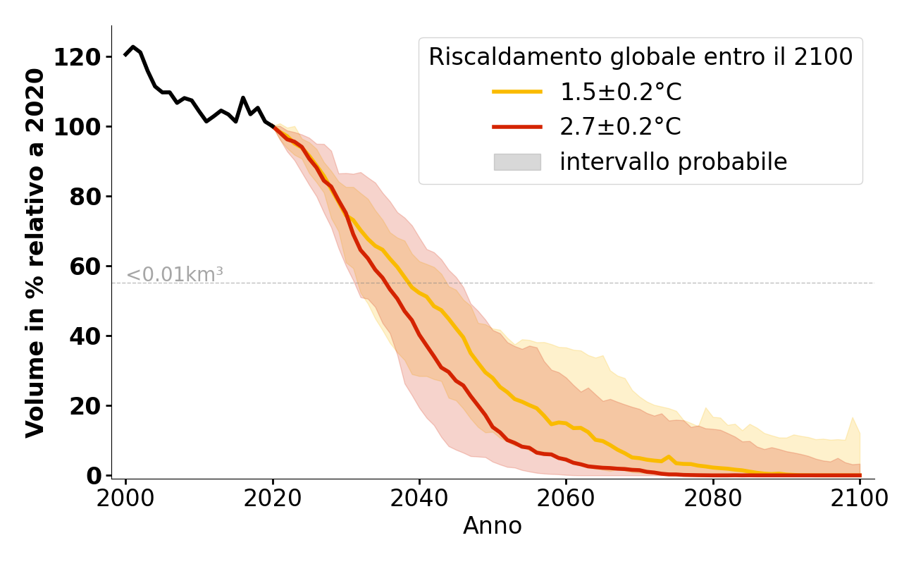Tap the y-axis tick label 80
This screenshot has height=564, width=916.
pyautogui.click(x=85, y=197)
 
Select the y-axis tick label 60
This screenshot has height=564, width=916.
pyautogui.click(x=85, y=266)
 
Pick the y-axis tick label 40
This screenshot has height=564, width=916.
pyautogui.click(x=85, y=336)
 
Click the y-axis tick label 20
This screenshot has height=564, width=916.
pyautogui.click(x=85, y=406)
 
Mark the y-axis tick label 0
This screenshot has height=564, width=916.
pyautogui.click(x=93, y=476)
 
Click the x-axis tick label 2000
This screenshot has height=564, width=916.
pyautogui.click(x=126, y=498)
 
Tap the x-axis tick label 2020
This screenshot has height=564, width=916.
pyautogui.click(x=273, y=498)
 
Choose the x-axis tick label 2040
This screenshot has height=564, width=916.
pyautogui.click(x=419, y=498)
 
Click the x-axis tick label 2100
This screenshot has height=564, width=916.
pyautogui.click(x=859, y=498)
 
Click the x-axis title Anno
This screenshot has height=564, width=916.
pyautogui.click(x=493, y=526)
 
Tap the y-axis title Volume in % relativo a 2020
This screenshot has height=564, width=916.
pyautogui.click(x=36, y=252)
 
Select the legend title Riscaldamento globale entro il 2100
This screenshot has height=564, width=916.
pyautogui.click(x=640, y=57)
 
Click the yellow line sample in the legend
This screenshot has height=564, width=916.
pyautogui.click(x=516, y=92)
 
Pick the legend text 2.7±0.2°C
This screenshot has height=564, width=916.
pyautogui.click(x=620, y=127)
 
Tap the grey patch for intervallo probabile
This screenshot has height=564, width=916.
pyautogui.click(x=516, y=162)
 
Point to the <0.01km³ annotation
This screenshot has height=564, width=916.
pyautogui.click(x=175, y=275)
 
